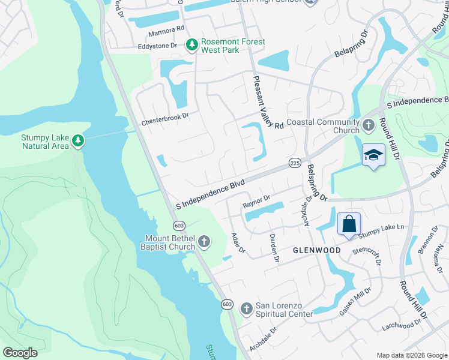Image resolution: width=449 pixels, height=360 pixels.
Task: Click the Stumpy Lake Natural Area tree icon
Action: pos(77,141)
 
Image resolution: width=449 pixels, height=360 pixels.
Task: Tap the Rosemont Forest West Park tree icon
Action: pos(191,45)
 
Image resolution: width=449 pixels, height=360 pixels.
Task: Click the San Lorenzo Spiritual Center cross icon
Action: pos(246,309)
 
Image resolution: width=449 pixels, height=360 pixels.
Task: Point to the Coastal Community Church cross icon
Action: pos(369,126)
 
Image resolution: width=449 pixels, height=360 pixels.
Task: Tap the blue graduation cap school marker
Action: pos(373,155)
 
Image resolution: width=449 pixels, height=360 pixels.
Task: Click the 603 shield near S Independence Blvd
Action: pos(178,225)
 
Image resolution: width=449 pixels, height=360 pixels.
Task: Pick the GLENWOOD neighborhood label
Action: pos(317,250)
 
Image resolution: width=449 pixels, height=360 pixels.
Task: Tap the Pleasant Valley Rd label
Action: pos(268,103)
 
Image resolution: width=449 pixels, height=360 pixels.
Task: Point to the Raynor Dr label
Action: pos(257,202)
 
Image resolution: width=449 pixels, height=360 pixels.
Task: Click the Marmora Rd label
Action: pos(163,29)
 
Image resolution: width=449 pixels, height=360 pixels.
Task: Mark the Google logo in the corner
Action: pos(20,353)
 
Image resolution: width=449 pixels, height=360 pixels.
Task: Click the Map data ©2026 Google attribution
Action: pos(411,355)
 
